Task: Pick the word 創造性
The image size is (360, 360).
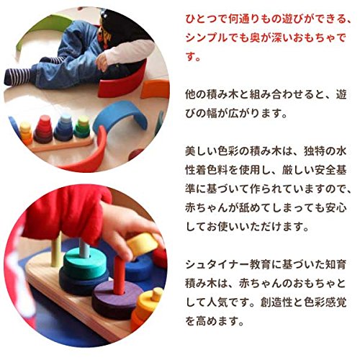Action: coord(276,302)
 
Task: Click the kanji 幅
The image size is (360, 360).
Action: coord(212,113)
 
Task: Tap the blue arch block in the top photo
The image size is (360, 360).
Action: coord(120,114)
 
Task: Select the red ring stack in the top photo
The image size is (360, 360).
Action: coord(44,129)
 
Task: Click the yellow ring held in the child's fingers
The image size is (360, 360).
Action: coord(142,244)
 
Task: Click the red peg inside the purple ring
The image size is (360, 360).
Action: coord(120,276)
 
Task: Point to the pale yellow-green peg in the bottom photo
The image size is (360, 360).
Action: coord(57,250)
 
